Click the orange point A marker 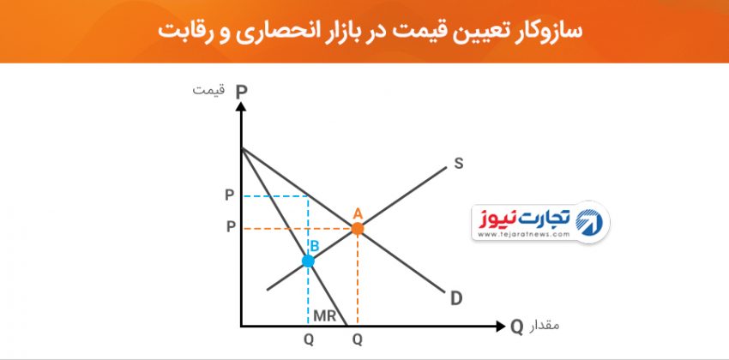pyautogui.click(x=357, y=229)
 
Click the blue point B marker pyautogui.click(x=308, y=261)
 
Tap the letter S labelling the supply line pyautogui.click(x=459, y=164)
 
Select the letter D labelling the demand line pyautogui.click(x=456, y=298)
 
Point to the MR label pyautogui.click(x=324, y=315)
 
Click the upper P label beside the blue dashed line pyautogui.click(x=230, y=195)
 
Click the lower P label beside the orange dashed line pyautogui.click(x=231, y=227)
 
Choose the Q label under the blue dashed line pyautogui.click(x=309, y=340)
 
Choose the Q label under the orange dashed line pyautogui.click(x=357, y=340)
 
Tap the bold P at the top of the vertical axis pyautogui.click(x=241, y=93)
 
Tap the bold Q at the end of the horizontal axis pyautogui.click(x=516, y=327)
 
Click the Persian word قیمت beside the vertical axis pyautogui.click(x=208, y=89)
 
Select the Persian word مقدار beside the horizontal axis pyautogui.click(x=544, y=325)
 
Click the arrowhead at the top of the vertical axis pyautogui.click(x=241, y=106)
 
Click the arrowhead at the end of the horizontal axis pyautogui.click(x=500, y=326)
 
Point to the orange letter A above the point pyautogui.click(x=357, y=213)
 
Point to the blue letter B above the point pyautogui.click(x=314, y=246)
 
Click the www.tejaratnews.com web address pyautogui.click(x=523, y=235)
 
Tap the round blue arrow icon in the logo pyautogui.click(x=589, y=222)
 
